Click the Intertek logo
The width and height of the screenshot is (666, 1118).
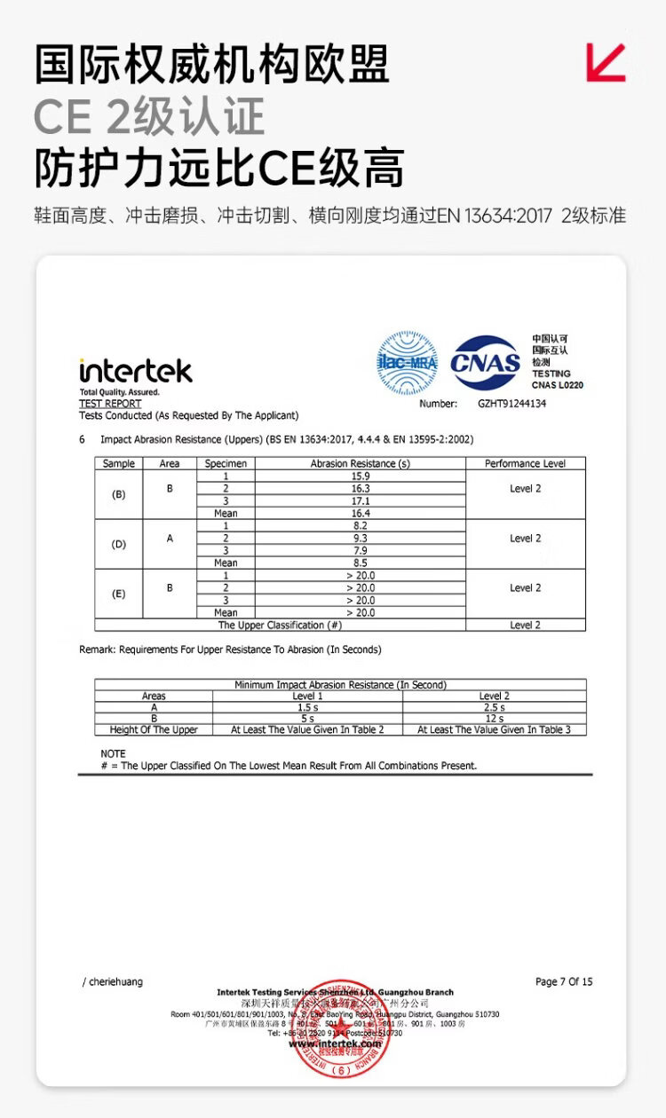click(x=135, y=370)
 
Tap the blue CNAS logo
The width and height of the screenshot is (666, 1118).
click(x=486, y=361)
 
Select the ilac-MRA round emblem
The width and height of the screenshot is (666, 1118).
click(x=408, y=362)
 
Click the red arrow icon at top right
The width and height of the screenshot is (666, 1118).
click(x=606, y=62)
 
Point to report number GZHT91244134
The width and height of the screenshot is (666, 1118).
click(x=511, y=403)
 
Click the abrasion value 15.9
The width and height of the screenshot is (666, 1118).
click(x=361, y=476)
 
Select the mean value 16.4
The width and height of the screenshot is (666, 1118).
click(x=361, y=513)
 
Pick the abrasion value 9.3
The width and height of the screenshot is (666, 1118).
click(x=361, y=538)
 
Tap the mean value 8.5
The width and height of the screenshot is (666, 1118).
click(x=361, y=563)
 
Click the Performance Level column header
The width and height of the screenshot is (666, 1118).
click(x=525, y=463)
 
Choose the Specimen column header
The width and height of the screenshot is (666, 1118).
click(x=226, y=463)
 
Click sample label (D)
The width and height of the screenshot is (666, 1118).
click(x=118, y=544)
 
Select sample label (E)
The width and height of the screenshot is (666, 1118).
click(x=118, y=594)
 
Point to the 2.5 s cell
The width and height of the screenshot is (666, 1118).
click(x=494, y=707)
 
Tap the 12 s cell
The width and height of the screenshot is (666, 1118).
click(x=494, y=718)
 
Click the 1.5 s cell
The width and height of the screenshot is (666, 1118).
click(x=307, y=707)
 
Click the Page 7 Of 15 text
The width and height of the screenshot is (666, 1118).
click(x=564, y=981)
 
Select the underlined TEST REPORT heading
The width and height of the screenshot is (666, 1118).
click(x=110, y=404)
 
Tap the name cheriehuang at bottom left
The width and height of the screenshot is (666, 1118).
click(x=115, y=981)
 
